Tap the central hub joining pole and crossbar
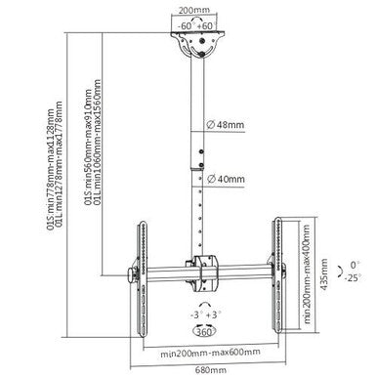point(205,266)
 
